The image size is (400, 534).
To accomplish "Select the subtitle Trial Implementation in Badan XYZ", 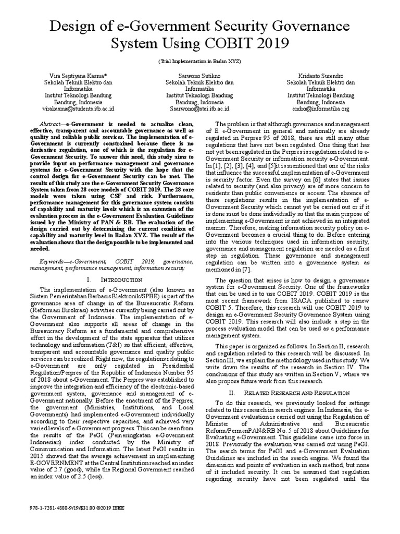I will [x=199, y=62].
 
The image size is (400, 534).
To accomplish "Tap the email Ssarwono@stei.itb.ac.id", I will [x=199, y=109].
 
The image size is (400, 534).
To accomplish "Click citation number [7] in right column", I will [x=246, y=269].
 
